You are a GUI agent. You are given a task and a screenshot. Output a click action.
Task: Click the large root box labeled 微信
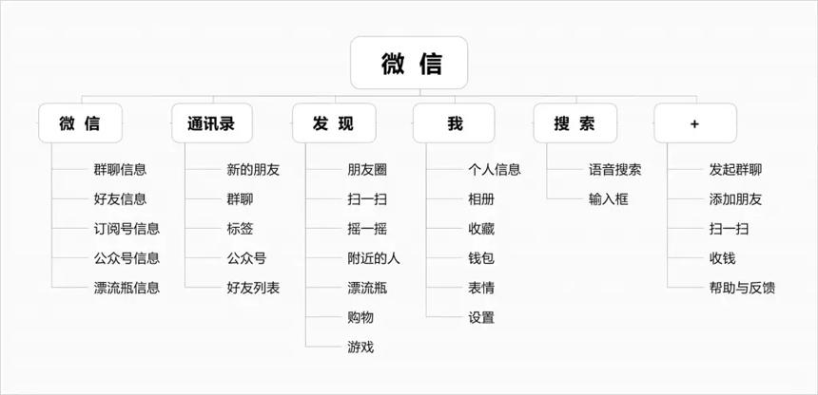pyautogui.click(x=409, y=63)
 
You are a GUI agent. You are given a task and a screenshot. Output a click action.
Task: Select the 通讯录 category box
pyautogui.click(x=212, y=123)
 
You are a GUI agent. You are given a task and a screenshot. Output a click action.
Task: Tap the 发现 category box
pyautogui.click(x=334, y=123)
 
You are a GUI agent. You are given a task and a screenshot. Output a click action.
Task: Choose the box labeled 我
pyautogui.click(x=454, y=123)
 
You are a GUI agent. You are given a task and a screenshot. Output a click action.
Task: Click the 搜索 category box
pyautogui.click(x=575, y=123)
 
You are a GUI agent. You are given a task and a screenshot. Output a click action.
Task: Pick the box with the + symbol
pyautogui.click(x=695, y=123)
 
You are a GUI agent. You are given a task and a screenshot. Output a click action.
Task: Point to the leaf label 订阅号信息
pyautogui.click(x=127, y=229)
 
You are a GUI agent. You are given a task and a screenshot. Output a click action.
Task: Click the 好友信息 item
pyautogui.click(x=121, y=199)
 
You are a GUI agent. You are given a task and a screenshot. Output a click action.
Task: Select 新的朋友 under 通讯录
pyautogui.click(x=254, y=169)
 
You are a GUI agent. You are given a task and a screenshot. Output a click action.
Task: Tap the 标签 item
pyautogui.click(x=240, y=229)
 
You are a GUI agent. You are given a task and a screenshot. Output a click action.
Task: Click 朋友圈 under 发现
pyautogui.click(x=367, y=169)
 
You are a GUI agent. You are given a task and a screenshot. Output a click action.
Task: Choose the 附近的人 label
pyautogui.click(x=374, y=258)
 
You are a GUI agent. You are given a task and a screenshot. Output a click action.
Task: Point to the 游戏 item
pyautogui.click(x=360, y=348)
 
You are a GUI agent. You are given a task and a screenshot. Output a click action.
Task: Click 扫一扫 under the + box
pyautogui.click(x=729, y=229)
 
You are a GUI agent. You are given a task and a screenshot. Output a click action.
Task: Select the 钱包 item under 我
pyautogui.click(x=481, y=258)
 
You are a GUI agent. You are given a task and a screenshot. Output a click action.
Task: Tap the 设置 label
pyautogui.click(x=481, y=317)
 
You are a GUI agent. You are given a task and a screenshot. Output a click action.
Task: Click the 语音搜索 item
pyautogui.click(x=615, y=169)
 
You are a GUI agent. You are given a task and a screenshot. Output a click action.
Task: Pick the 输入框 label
pyautogui.click(x=609, y=199)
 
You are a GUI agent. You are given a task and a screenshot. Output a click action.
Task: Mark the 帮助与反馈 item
pyautogui.click(x=742, y=288)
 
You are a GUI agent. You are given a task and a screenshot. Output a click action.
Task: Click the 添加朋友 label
pyautogui.click(x=735, y=199)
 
